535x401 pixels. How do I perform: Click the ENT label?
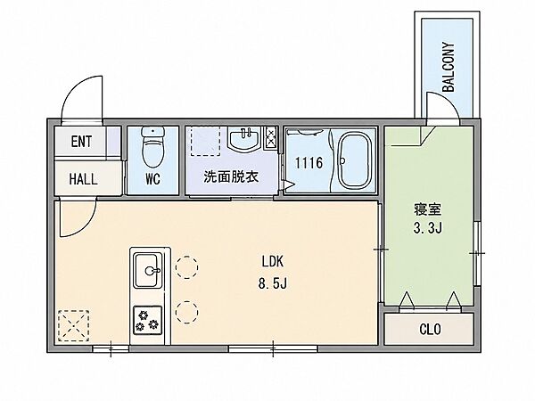tap(81, 142)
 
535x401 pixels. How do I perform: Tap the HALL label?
tap(83, 179)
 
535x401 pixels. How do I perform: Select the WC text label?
tap(152, 179)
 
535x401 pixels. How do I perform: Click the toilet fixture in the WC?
tap(152, 146)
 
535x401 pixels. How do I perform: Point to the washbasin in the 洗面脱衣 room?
tap(243, 139)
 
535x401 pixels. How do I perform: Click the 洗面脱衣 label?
tap(231, 176)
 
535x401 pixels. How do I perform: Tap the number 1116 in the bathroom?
tap(309, 163)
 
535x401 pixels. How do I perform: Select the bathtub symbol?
tap(354, 160)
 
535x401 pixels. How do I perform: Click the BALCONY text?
tap(449, 67)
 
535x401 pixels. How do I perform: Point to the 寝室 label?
tap(428, 209)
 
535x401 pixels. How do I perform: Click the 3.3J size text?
tap(428, 228)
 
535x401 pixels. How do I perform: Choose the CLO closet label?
tap(430, 330)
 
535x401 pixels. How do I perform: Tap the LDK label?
tap(272, 261)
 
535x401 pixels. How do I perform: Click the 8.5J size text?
tap(272, 283)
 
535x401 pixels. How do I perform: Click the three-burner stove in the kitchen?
tap(148, 321)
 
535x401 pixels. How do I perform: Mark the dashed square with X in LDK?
tap(74, 325)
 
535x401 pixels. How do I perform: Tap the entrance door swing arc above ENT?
tap(73, 88)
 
